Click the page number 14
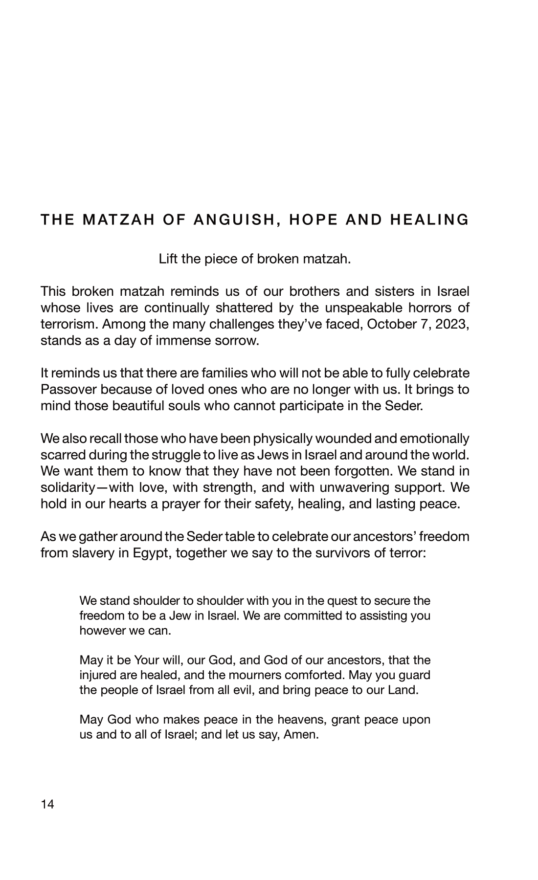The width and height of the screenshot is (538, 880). pos(48,805)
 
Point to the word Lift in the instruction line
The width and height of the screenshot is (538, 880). pos(168,259)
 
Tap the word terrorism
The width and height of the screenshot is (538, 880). pos(67,324)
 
